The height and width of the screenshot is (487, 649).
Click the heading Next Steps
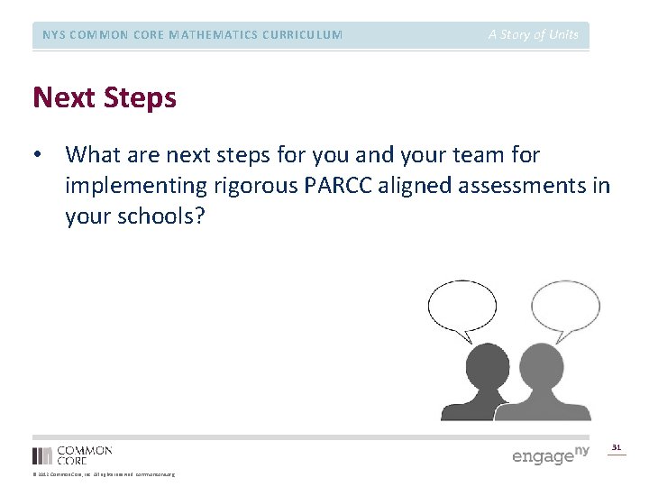[x=105, y=97]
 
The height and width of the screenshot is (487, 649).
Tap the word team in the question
[x=472, y=155]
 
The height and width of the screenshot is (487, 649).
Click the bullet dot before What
[x=38, y=156]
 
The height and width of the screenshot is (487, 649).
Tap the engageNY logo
[x=550, y=454]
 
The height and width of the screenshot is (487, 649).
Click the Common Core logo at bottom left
[x=72, y=455]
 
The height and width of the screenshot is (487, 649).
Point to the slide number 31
[x=617, y=446]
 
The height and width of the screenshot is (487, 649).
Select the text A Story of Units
[x=534, y=35]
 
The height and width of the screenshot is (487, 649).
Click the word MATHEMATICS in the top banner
[x=192, y=35]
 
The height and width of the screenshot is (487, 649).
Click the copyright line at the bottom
[x=104, y=474]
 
